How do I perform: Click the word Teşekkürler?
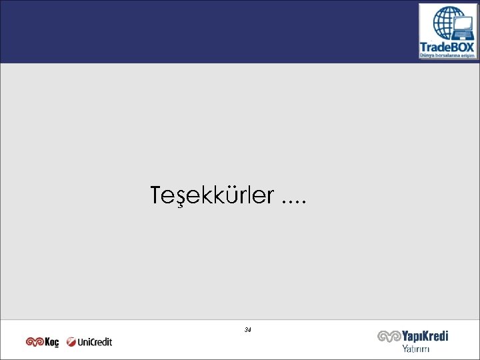[212, 196]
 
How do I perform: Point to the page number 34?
[248, 330]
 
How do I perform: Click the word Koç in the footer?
[51, 342]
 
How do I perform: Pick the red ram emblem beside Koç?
[35, 342]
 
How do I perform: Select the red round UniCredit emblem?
[71, 342]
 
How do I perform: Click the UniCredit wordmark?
[95, 342]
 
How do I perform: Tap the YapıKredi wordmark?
[424, 337]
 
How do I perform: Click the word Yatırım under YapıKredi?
[415, 349]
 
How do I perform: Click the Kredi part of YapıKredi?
[435, 337]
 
